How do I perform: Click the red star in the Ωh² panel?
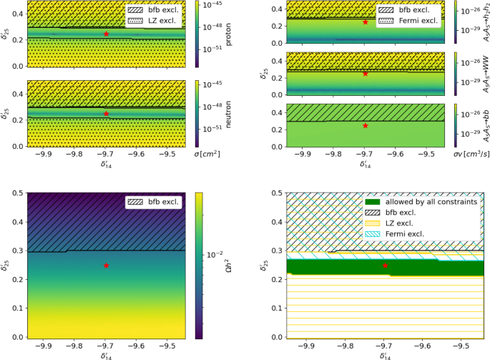click(106, 266)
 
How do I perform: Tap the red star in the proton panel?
click(106, 34)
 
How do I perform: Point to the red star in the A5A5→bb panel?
click(365, 125)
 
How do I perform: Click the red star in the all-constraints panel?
click(385, 266)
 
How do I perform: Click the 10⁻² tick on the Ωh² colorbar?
click(215, 254)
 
